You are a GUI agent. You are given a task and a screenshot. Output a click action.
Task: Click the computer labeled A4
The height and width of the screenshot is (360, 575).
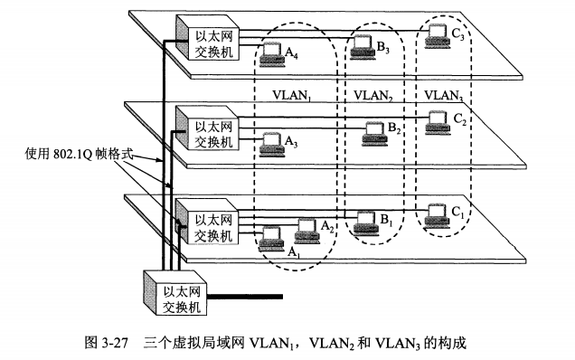(x=270, y=56)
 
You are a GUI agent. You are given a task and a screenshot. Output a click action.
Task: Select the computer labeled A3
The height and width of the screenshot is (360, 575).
(x=270, y=142)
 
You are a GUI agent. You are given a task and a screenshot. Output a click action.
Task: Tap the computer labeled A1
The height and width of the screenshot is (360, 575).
(x=270, y=237)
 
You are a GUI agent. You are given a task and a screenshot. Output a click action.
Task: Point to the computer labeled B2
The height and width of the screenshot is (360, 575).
(x=372, y=132)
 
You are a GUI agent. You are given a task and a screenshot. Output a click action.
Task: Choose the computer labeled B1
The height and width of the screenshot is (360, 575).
(x=366, y=220)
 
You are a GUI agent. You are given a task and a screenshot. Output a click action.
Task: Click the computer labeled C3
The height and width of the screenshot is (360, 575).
(x=438, y=35)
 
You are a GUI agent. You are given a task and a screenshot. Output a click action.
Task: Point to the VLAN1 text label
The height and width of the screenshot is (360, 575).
(x=295, y=93)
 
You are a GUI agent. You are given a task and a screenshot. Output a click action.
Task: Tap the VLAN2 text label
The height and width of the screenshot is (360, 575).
(x=373, y=93)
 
